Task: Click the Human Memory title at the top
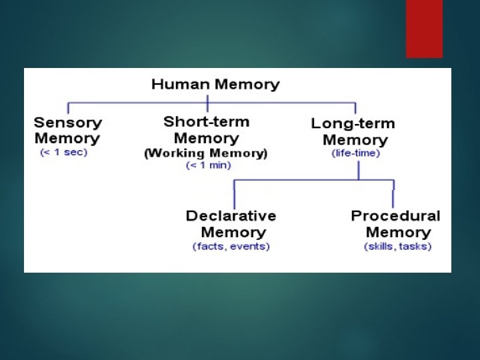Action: coord(215,85)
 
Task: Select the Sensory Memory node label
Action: coord(67,131)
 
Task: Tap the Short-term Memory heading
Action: coord(206,130)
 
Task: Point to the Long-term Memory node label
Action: coord(353,131)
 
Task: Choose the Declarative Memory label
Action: coord(231,224)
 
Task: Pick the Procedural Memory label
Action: coord(396,224)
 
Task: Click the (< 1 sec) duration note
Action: coord(64,152)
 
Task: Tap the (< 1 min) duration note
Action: coord(207,165)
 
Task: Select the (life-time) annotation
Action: coord(356,153)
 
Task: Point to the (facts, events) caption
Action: coord(231,246)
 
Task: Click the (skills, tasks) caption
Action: coord(397,246)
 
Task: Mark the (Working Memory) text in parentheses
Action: coord(206,153)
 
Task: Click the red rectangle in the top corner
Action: coord(424,29)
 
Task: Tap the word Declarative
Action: coord(231,216)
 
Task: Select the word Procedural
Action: coord(396,216)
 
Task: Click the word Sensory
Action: coord(67,123)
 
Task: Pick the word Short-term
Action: coord(206,122)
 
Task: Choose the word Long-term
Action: coord(353,124)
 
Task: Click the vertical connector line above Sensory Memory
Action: coord(69,108)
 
